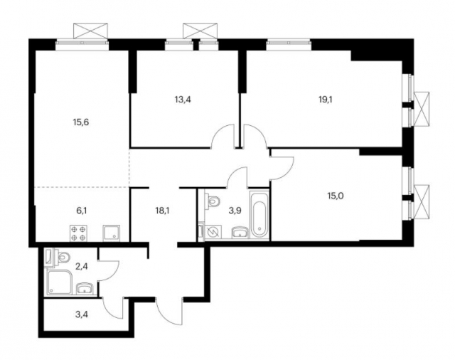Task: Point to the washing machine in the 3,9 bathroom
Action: tap(210, 230)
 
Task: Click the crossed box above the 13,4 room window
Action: tap(199, 31)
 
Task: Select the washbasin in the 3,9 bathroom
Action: tap(240, 231)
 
